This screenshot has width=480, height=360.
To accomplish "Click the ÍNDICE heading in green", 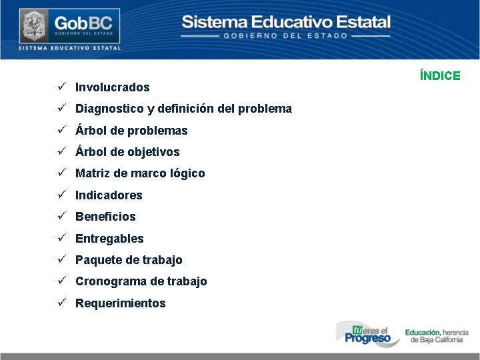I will coord(440,76).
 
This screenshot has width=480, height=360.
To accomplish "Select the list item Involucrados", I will coord(112,87).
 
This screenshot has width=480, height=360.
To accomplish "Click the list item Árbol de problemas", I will coord(131,131).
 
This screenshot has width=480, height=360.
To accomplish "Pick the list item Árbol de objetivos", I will coord(127,152).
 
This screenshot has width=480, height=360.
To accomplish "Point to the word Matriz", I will coord(91,173).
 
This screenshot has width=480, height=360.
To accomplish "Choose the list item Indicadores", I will coord(109,195).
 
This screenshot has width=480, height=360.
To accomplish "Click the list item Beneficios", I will coord(105,217).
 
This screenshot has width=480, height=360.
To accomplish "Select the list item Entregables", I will coord(109,239).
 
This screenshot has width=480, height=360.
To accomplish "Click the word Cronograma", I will coord(107,281).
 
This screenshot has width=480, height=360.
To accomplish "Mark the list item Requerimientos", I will coord(120,303).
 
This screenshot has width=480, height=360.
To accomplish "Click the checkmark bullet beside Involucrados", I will coord(60,87).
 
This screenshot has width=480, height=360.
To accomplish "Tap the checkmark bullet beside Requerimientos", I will coord(60,303).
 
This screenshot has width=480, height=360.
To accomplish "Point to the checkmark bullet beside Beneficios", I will coord(60,216).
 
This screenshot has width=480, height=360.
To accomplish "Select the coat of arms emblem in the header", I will coord(31,26).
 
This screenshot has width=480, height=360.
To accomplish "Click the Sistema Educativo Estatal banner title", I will coord(286,22).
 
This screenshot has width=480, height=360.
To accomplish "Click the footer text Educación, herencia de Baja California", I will coord(437,335).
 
